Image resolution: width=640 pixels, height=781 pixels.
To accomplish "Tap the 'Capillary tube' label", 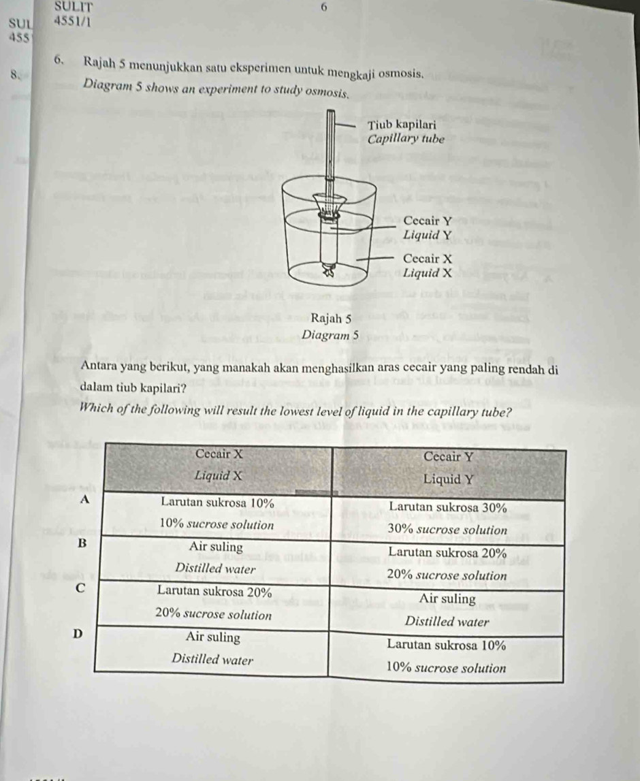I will (x=405, y=140).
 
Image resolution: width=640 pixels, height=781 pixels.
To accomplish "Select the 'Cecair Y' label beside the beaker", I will (x=428, y=221).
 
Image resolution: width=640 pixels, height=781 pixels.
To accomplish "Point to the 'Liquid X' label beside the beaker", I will (x=428, y=273).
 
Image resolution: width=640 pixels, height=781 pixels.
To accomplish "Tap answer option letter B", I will (x=82, y=543).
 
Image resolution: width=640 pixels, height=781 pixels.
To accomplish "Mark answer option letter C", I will (x=80, y=586).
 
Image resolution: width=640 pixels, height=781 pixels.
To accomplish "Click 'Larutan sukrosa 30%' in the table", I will (x=447, y=508).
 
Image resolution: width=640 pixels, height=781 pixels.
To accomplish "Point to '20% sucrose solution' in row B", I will (x=447, y=575).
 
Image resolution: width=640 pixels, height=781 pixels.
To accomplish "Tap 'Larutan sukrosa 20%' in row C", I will (x=215, y=591).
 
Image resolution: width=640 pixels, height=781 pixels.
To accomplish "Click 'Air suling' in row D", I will (x=213, y=638).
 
